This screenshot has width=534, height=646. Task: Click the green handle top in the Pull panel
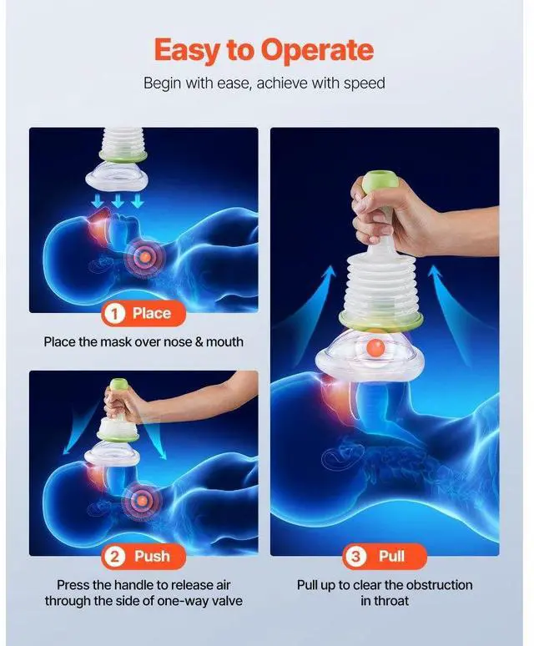click(x=378, y=184)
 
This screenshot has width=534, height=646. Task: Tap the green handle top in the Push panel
click(x=119, y=386)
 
